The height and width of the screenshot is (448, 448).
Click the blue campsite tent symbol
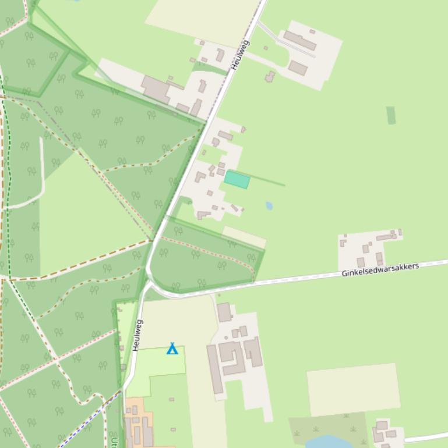click(172, 349)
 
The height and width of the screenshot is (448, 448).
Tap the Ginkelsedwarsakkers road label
click(380, 270)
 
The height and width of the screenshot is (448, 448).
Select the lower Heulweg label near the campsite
click(137, 335)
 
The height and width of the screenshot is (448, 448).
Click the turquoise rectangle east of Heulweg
click(237, 180)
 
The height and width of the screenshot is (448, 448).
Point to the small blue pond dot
click(269, 205)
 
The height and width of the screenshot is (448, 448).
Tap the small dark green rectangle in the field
click(391, 115)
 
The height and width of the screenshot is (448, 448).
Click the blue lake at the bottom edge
click(329, 442)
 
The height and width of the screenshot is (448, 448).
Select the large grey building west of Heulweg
click(156, 88)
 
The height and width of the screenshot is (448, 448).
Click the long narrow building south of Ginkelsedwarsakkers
click(214, 369)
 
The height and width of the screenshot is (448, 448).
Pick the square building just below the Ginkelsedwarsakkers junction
click(224, 312)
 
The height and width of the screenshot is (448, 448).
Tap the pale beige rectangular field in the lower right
click(353, 389)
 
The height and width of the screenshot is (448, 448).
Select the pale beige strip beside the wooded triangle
click(244, 236)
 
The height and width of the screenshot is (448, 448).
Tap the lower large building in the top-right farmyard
click(298, 68)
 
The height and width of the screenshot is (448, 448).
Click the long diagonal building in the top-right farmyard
click(299, 41)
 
